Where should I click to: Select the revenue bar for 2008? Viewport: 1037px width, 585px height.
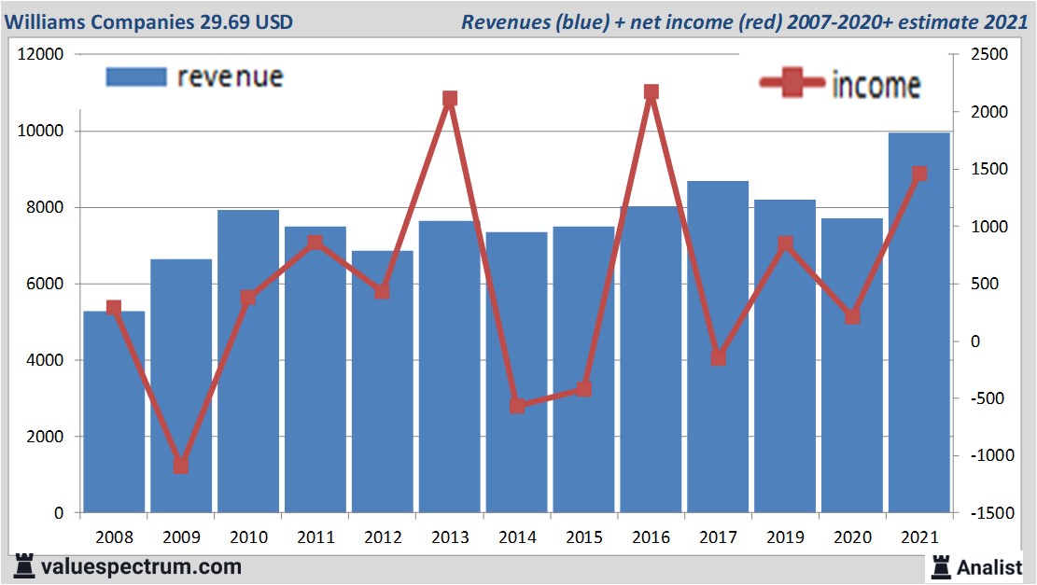tap(114, 411)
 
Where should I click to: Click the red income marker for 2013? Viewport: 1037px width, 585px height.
tap(450, 99)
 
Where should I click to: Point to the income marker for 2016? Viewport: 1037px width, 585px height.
tap(652, 92)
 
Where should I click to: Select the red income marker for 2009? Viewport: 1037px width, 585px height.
tap(181, 466)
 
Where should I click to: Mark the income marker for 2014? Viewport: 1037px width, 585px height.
tap(517, 406)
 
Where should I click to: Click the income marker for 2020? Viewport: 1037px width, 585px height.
tap(852, 317)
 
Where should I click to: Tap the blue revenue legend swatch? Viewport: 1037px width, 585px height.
tap(136, 77)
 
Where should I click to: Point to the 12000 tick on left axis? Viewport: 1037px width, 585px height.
tap(41, 55)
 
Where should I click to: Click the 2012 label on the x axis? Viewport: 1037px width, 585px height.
tap(383, 537)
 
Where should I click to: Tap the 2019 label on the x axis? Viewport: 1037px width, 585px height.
tap(785, 537)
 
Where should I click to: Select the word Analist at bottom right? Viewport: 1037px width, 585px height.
tap(989, 566)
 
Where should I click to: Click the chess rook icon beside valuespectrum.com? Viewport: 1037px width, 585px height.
tap(23, 566)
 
